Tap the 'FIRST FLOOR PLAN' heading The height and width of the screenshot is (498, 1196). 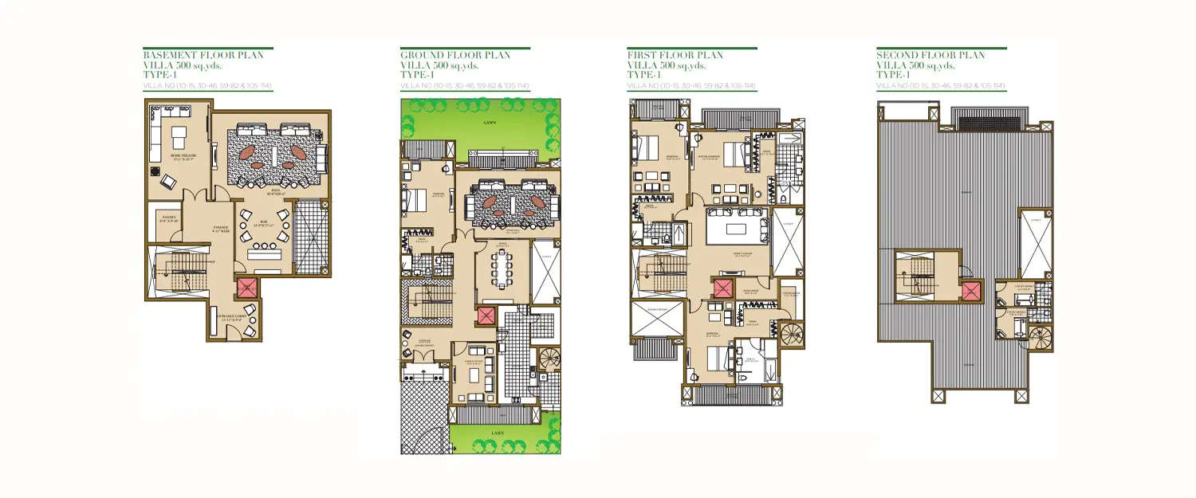point(675,55)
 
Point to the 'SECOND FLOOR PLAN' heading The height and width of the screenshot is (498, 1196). point(930,55)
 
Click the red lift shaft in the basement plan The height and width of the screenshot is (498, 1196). point(247,288)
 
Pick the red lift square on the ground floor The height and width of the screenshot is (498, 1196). point(486,316)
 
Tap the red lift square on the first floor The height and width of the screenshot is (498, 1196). point(722,289)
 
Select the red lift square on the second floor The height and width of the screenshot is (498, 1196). point(971,291)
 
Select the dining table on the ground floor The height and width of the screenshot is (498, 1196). point(503,269)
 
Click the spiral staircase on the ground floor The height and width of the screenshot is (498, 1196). point(549,361)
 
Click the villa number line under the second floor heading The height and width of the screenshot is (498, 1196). point(940,85)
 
